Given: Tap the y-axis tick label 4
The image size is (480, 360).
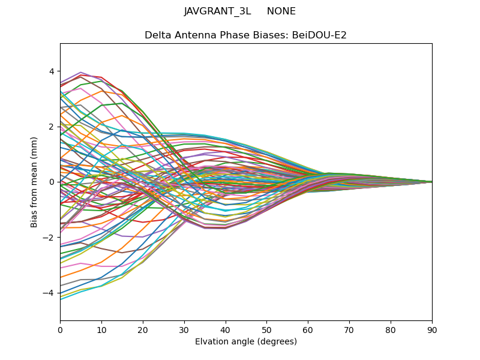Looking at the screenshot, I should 52,71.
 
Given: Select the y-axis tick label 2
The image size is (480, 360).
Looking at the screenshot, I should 52,126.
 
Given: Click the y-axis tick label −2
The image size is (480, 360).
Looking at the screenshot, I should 50,237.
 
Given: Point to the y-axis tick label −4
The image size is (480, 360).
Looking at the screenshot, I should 50,293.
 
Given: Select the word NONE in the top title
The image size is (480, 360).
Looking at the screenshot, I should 281,11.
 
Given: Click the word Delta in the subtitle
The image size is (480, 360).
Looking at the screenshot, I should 157,35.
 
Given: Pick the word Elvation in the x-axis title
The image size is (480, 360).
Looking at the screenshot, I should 211,342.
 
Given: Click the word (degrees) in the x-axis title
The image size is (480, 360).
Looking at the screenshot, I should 277,342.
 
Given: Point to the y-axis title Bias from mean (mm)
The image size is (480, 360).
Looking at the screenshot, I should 34,182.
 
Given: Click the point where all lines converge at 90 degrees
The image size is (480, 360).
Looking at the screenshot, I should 432,182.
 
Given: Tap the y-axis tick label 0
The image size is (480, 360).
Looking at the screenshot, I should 52,182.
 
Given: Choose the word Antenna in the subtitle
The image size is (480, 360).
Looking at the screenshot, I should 191,35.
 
